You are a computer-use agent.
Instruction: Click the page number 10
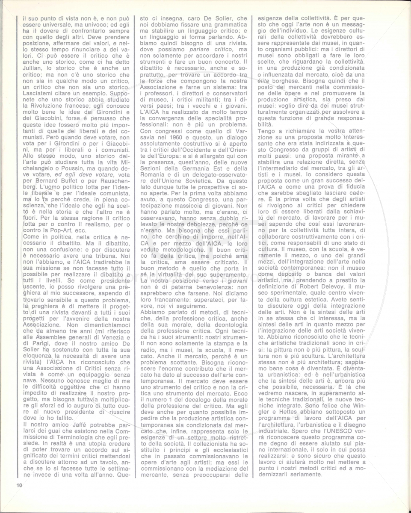click(19, 485)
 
